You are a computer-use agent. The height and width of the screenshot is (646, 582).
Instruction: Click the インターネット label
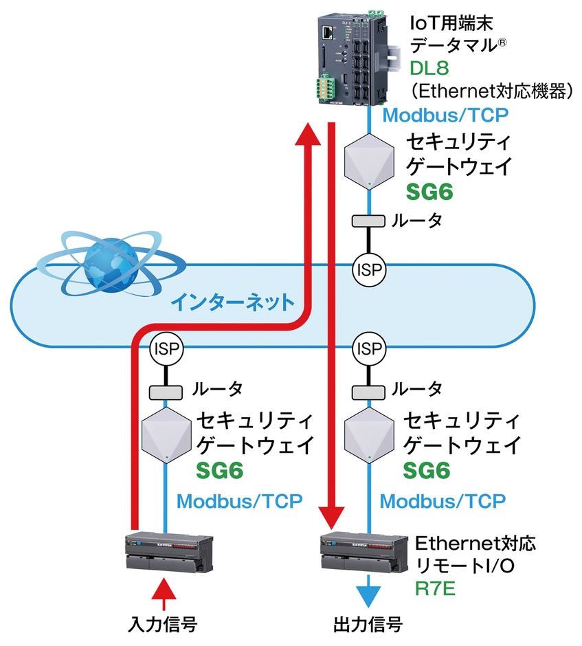coord(233,301)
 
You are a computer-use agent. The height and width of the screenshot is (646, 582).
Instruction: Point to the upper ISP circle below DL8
coord(370,269)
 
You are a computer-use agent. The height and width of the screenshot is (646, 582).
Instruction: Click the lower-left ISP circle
coord(166,348)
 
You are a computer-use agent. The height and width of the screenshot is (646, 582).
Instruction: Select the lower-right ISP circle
coord(370,348)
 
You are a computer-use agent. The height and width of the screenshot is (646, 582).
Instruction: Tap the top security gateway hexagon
coord(370,160)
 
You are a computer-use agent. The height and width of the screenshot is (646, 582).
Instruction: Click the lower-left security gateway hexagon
coord(166,436)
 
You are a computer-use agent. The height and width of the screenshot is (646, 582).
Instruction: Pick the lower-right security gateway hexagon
coord(370,436)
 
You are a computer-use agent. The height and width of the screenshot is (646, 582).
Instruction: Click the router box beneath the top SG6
coord(370,221)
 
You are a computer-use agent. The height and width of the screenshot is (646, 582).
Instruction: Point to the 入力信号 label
coord(164,625)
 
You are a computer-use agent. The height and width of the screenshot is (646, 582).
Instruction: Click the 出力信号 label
coord(367,625)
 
